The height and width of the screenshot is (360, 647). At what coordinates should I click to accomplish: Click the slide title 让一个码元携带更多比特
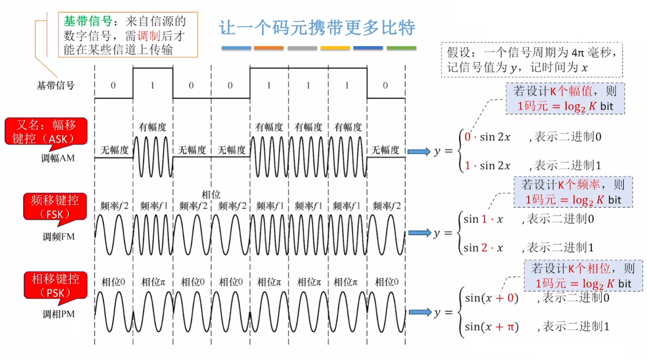pyautogui.click(x=317, y=28)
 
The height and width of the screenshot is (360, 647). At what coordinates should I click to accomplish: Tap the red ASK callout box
pyautogui.click(x=46, y=131)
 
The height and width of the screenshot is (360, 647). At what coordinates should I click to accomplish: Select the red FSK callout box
pyautogui.click(x=55, y=207)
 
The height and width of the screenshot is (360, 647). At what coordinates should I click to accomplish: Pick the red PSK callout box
pyautogui.click(x=55, y=285)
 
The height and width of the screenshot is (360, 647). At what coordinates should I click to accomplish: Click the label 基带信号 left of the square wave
pyautogui.click(x=55, y=85)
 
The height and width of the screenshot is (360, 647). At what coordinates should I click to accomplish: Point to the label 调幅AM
pyautogui.click(x=58, y=158)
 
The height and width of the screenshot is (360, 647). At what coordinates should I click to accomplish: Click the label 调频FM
pyautogui.click(x=59, y=237)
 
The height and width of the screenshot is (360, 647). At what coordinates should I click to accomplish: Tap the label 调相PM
pyautogui.click(x=59, y=314)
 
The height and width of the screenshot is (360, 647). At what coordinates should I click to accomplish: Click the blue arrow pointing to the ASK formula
pyautogui.click(x=419, y=151)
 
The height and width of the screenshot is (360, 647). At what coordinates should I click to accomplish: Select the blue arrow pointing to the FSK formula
pyautogui.click(x=420, y=233)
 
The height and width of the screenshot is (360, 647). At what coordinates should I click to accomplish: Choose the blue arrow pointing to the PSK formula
pyautogui.click(x=420, y=312)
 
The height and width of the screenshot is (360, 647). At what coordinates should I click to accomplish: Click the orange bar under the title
pyautogui.click(x=269, y=48)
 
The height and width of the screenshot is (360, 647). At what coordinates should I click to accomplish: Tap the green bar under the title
pyautogui.click(x=401, y=48)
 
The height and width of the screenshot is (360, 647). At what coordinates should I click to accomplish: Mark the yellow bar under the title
pyautogui.click(x=335, y=48)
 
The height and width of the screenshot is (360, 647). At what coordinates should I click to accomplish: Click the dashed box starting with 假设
pyautogui.click(x=532, y=60)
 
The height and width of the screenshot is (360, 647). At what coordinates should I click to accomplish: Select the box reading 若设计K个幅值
pyautogui.click(x=565, y=99)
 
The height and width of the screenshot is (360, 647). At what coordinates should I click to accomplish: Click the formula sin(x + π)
pyautogui.click(x=491, y=327)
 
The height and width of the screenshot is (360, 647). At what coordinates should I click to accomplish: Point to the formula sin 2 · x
pyautogui.click(x=483, y=248)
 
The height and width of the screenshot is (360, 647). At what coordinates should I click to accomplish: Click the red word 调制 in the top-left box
pyautogui.click(x=149, y=36)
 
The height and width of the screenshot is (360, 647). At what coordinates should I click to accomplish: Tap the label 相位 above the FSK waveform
pyautogui.click(x=211, y=194)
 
